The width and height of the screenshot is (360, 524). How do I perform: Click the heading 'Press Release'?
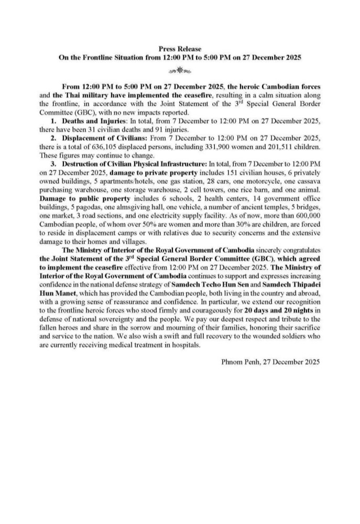click(180, 49)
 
